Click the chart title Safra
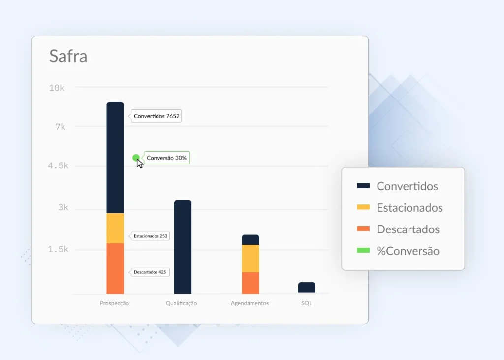tap(68, 56)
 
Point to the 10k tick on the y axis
tap(57, 88)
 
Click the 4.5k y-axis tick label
tap(58, 165)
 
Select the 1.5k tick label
tap(58, 249)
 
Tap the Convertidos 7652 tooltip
tap(156, 116)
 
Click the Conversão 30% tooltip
tap(166, 158)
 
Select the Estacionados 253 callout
tap(150, 236)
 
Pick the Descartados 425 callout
tap(150, 272)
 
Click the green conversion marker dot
tap(136, 158)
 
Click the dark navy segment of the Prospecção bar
tap(115, 158)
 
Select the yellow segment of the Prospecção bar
tap(115, 228)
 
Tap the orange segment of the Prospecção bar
tap(115, 268)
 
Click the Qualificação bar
tap(183, 247)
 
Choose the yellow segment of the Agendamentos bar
tap(251, 259)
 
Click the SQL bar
tap(307, 288)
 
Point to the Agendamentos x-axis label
tap(250, 303)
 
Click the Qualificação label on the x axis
tap(181, 303)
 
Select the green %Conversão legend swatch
tap(363, 250)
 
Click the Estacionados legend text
tap(410, 208)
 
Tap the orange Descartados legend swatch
tap(363, 229)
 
